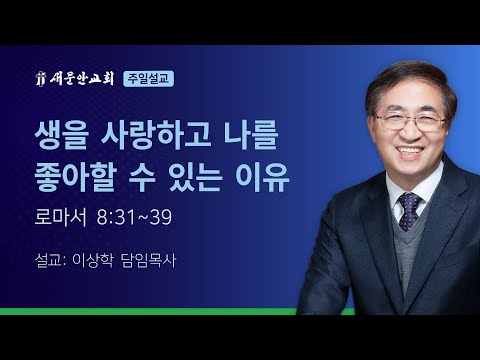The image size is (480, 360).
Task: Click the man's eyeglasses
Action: tap(410, 122)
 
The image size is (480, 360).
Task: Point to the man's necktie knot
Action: tap(410, 201)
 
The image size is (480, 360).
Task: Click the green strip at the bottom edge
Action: tap(150, 312)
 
